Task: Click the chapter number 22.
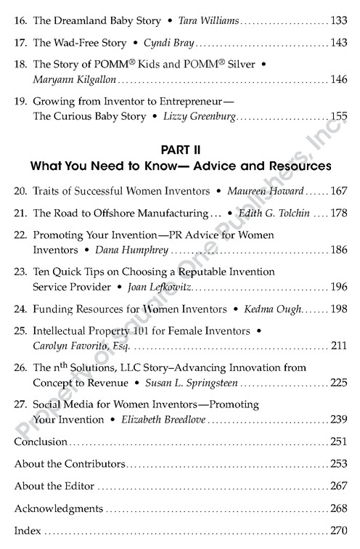[x=21, y=235]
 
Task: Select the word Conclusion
[x=41, y=442]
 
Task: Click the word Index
[x=27, y=532]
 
